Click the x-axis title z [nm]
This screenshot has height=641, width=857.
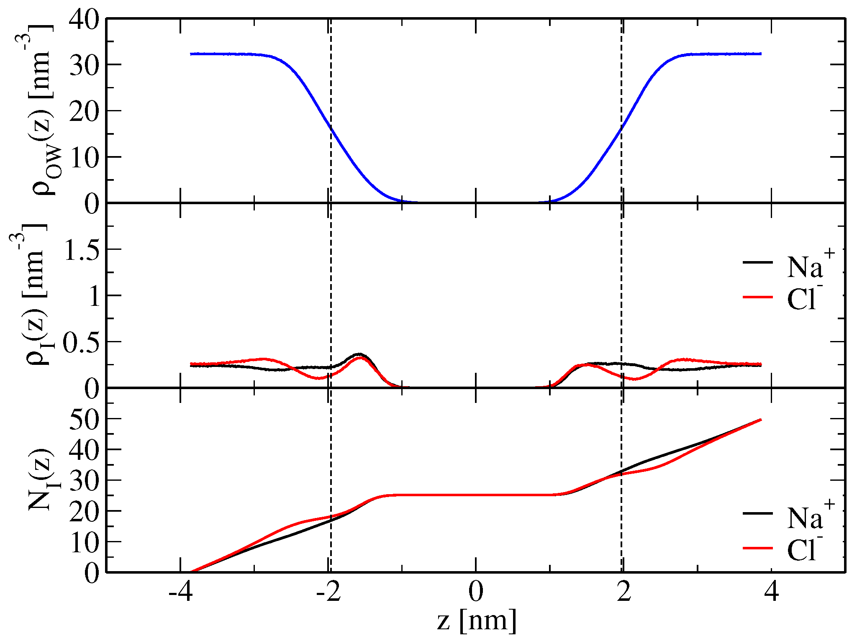(x=477, y=621)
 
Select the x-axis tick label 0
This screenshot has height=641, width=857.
(x=476, y=592)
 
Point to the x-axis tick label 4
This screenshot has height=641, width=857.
(x=771, y=592)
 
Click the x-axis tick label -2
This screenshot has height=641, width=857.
(x=328, y=592)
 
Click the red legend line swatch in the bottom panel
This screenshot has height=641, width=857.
(x=757, y=548)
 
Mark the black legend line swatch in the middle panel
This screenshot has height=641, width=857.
(x=757, y=262)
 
